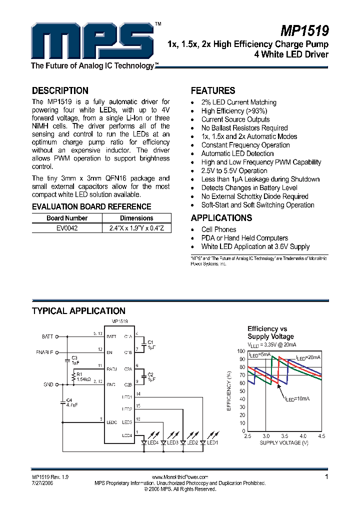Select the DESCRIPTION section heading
60,91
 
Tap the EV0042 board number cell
67,227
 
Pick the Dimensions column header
136,218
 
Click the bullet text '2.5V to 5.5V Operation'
234,170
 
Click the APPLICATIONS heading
221,218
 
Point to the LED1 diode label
212,442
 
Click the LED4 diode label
152,442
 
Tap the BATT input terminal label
47,336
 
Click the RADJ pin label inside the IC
111,369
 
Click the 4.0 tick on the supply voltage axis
303,436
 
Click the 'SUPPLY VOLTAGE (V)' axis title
284,443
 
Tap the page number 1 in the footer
326,477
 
